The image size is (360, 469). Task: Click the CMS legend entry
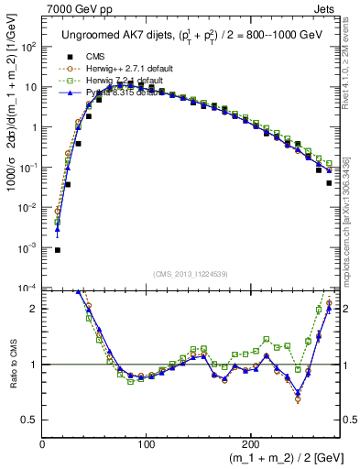click(94, 56)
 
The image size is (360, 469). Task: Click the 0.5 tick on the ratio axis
click(27, 420)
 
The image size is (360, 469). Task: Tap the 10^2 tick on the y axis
click(27, 47)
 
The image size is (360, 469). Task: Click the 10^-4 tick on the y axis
click(27, 288)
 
